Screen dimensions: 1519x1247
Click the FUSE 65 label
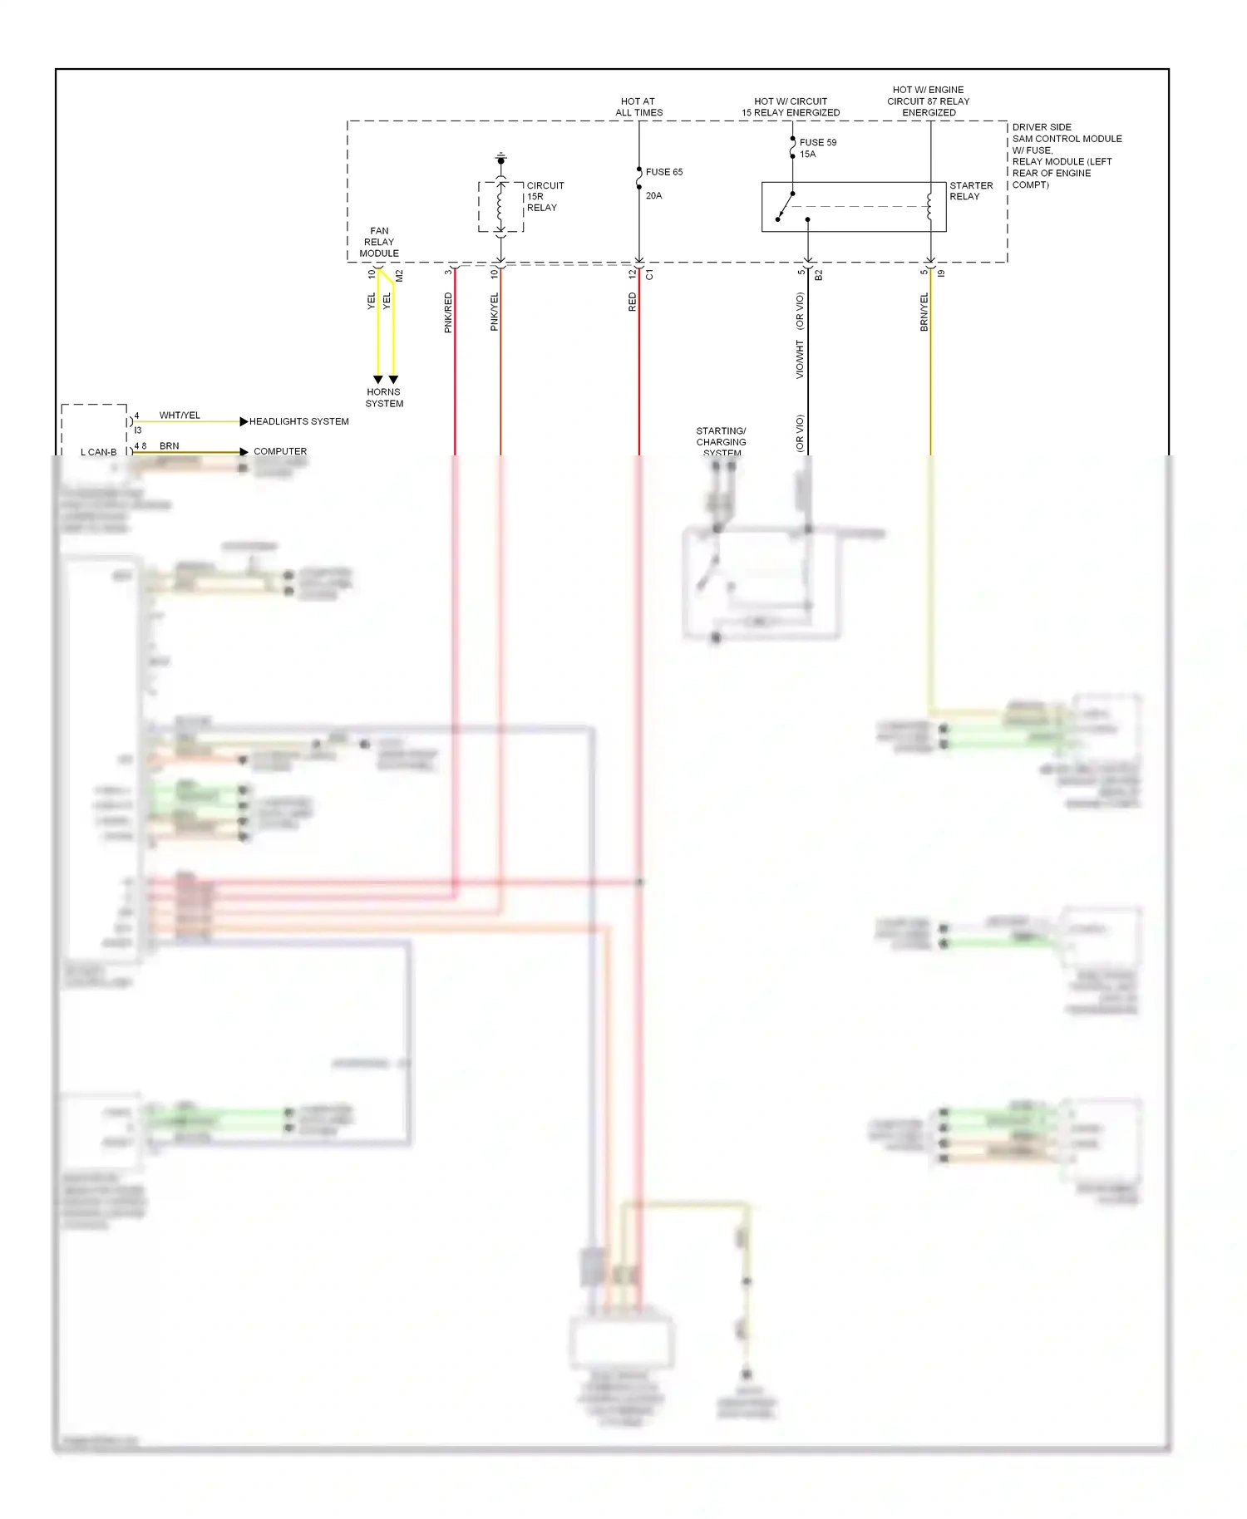tap(663, 172)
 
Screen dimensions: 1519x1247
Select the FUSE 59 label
tap(817, 142)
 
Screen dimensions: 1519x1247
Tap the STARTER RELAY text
tap(970, 191)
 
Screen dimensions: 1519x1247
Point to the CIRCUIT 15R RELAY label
tap(545, 197)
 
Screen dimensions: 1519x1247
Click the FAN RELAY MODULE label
tap(379, 242)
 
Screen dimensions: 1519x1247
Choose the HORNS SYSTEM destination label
tap(384, 397)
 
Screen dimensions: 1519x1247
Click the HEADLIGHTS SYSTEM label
tap(298, 421)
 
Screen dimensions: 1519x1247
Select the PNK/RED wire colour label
tap(448, 312)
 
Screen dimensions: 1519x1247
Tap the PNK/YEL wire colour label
tap(495, 312)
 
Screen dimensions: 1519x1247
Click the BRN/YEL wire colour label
tap(924, 312)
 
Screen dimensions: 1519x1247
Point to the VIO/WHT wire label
tap(800, 359)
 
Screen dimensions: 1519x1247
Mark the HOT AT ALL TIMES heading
tap(638, 107)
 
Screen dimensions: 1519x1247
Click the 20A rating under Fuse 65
tap(653, 196)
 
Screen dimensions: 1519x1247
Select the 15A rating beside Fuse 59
tap(807, 155)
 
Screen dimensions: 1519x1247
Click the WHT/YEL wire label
tap(180, 415)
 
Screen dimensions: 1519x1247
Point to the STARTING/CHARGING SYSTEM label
tap(721, 441)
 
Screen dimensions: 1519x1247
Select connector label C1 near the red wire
tap(650, 274)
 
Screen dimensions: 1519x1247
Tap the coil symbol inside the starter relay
tap(929, 206)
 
